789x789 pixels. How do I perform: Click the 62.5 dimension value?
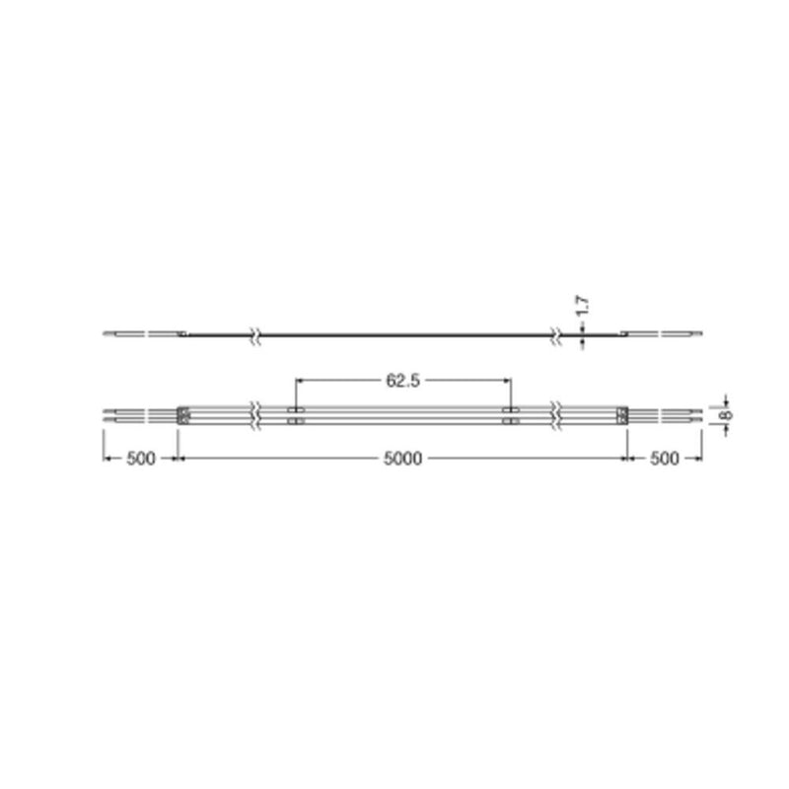[x=402, y=381]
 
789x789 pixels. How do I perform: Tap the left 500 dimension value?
[x=141, y=459]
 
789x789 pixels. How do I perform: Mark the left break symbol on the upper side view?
[x=256, y=334]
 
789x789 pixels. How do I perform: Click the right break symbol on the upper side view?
[x=556, y=334]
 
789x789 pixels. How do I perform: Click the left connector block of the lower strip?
[x=182, y=414]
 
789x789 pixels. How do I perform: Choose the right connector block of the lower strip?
[x=622, y=414]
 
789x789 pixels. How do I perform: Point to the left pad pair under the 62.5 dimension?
[x=294, y=414]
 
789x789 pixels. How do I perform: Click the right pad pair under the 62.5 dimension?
[x=510, y=414]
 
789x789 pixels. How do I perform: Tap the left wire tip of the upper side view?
[x=107, y=334]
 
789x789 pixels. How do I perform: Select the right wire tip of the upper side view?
[x=698, y=334]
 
